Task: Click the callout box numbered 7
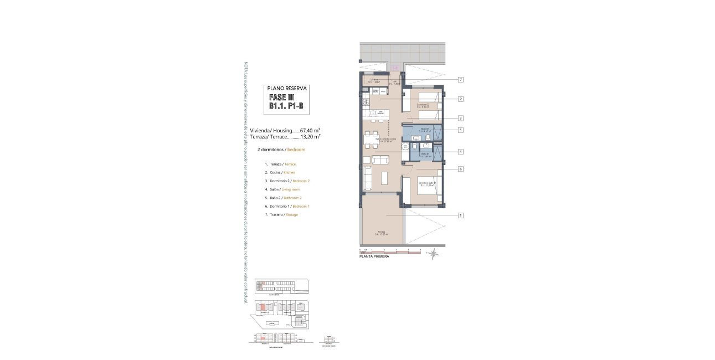pos(460,80)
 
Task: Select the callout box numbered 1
pos(460,215)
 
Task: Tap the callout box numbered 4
pos(460,152)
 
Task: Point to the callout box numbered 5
pos(460,130)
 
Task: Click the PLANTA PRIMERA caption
pos(374,257)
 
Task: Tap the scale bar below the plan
pos(390,251)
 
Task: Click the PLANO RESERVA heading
pos(287,88)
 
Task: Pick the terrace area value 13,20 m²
pos(310,136)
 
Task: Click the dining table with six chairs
pos(372,140)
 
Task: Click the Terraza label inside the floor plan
pos(382,232)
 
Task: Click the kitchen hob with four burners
pos(366,102)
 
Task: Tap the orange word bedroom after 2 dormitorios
pos(296,150)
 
